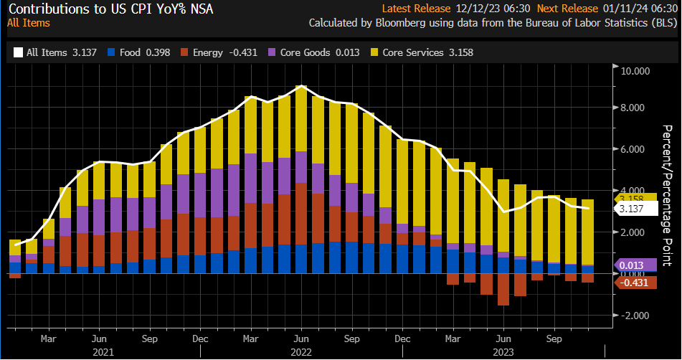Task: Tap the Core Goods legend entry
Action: [301, 52]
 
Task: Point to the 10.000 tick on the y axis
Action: [634, 71]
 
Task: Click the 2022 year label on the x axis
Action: [300, 351]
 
